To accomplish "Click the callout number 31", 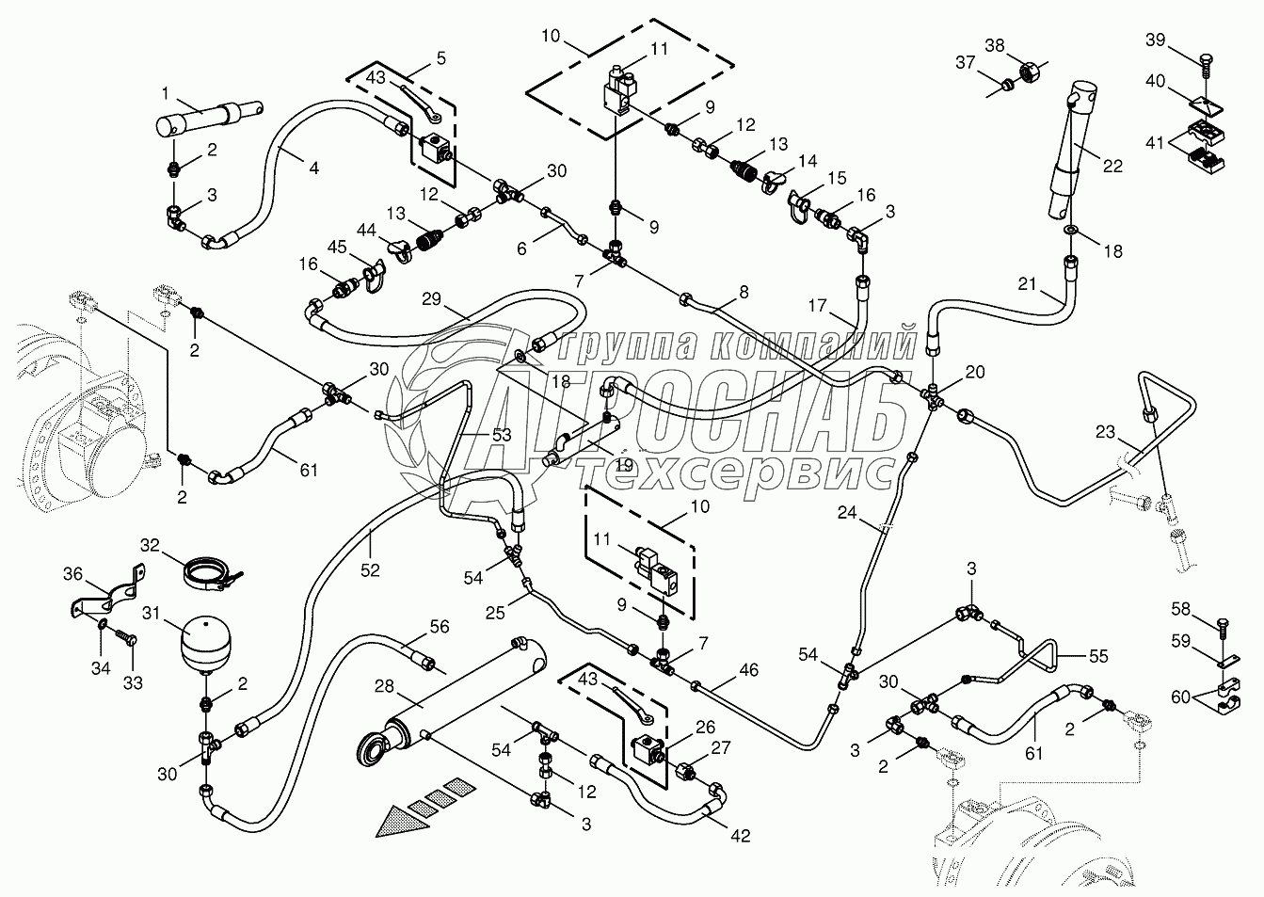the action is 152,613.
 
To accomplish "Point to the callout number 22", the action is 1112,166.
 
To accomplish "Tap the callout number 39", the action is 1155,40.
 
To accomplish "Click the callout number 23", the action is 1106,432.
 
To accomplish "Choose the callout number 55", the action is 1098,655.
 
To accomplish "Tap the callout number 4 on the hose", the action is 313,168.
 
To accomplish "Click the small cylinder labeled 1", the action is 209,119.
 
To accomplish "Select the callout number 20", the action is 974,372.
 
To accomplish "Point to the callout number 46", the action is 749,670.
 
